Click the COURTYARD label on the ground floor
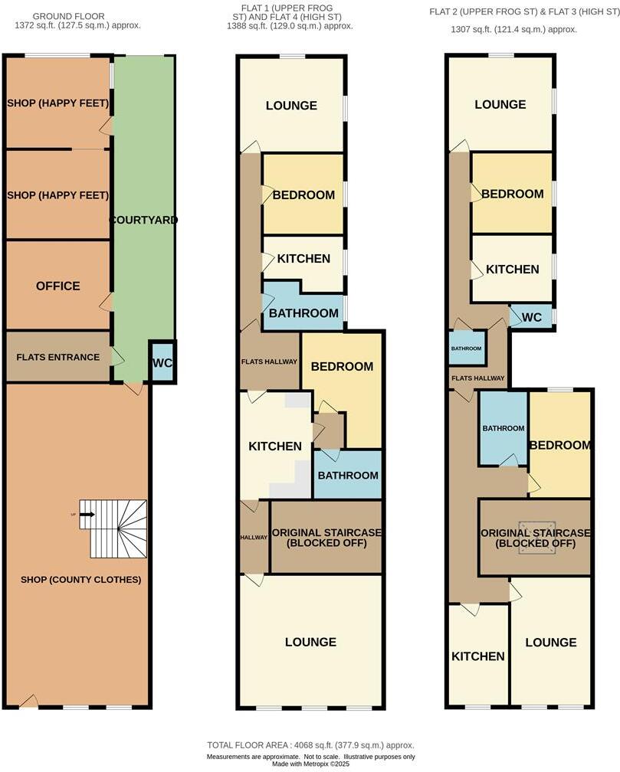tap(143, 220)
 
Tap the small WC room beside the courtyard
tap(162, 363)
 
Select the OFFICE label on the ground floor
tap(57, 286)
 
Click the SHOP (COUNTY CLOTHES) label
tap(81, 580)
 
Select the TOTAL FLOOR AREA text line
tap(310, 745)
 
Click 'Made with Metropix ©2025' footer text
tap(310, 764)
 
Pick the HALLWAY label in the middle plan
tap(254, 538)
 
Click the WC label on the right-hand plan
tap(532, 316)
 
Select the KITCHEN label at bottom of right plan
tap(477, 656)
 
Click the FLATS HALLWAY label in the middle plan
tap(268, 361)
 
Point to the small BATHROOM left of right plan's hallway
tap(466, 348)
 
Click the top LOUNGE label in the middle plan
tap(291, 106)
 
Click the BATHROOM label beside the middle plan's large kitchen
tap(348, 475)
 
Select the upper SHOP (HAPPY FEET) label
tap(57, 103)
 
